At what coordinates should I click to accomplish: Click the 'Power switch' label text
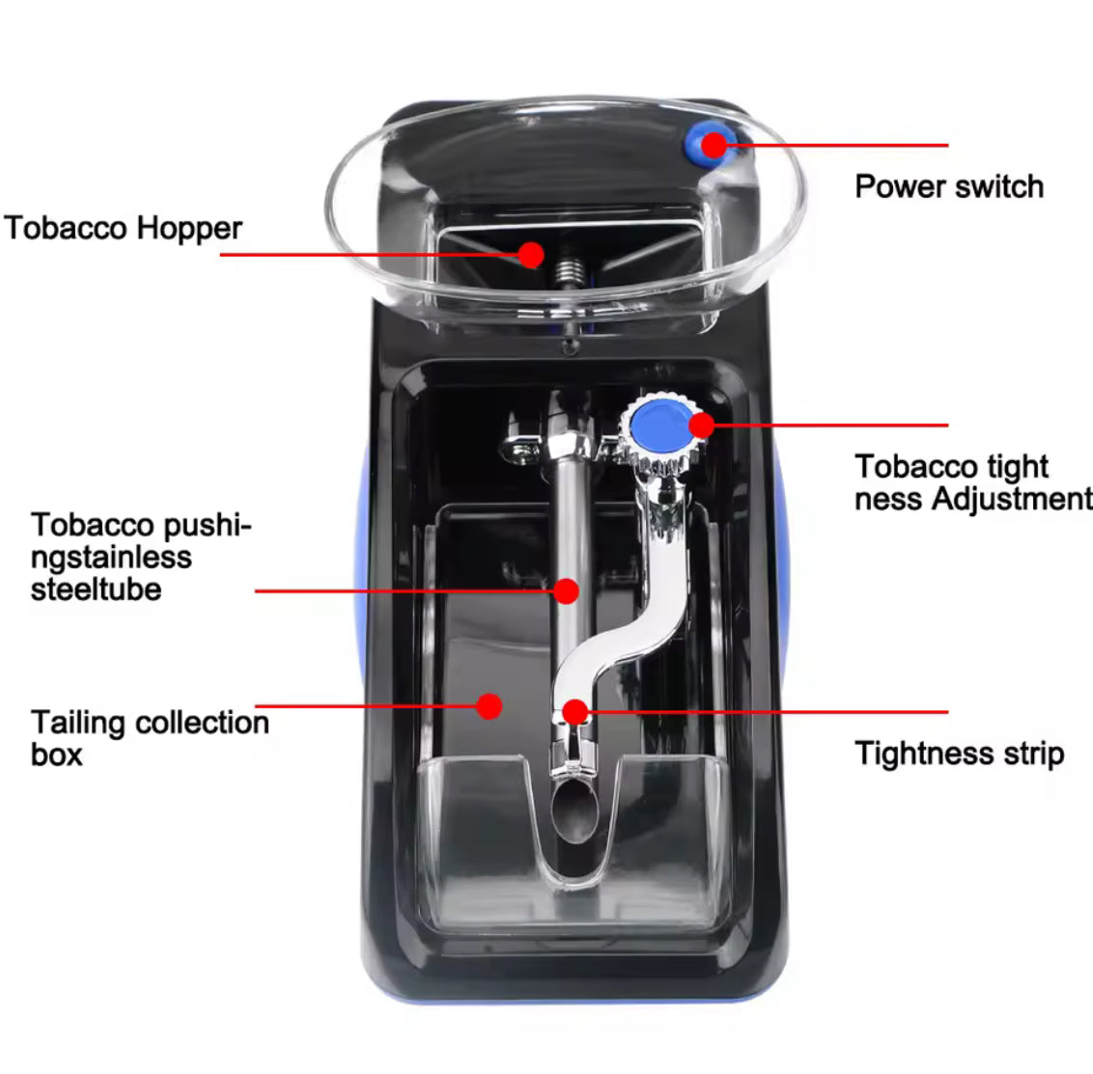pos(949,186)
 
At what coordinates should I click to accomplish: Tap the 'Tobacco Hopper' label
pos(123,229)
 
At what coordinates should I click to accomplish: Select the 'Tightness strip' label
pos(959,754)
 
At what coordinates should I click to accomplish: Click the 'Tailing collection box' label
pos(149,738)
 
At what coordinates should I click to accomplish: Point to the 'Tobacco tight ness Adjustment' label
pos(972,482)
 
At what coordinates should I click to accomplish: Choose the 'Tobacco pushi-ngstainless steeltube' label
pos(140,557)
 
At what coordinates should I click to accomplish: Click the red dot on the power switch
pos(714,145)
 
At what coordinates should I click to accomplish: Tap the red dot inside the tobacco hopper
pos(530,254)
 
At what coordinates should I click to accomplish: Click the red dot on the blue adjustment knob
pos(701,424)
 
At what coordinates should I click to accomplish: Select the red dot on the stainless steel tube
pos(567,591)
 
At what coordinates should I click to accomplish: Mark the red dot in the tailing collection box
pos(490,706)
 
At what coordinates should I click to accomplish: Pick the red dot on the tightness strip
pos(575,712)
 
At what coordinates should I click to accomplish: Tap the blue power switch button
pos(699,145)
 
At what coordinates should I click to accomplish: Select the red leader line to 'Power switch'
pos(840,146)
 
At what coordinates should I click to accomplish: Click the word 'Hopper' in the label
pos(188,229)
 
